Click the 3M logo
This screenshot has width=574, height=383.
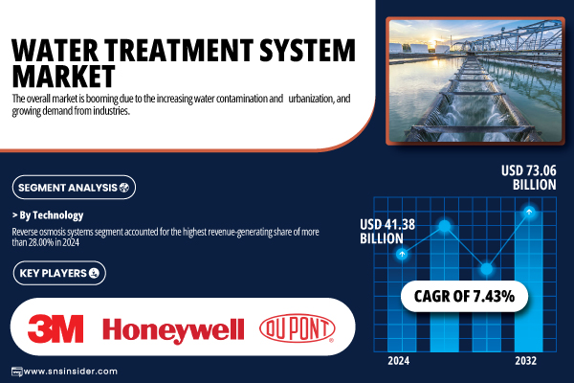55,328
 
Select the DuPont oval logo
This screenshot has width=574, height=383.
297,328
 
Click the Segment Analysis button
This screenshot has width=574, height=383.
74,188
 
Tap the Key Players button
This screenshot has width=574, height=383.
59,273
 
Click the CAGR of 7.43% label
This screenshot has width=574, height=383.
464,296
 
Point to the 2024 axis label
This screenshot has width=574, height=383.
399,361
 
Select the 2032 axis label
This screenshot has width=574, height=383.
525,361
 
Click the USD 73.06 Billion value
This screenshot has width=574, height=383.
529,177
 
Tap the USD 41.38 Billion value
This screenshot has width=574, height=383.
387,232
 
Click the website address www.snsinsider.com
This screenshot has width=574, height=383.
70,372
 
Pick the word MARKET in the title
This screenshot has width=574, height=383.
64,76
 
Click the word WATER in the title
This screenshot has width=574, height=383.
55,50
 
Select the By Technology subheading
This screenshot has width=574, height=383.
48,215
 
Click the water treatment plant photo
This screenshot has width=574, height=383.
475,80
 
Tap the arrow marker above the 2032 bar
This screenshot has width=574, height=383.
529,212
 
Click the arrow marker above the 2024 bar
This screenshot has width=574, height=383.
402,254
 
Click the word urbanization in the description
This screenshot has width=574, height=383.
311,99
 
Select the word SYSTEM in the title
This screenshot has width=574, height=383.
307,50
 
